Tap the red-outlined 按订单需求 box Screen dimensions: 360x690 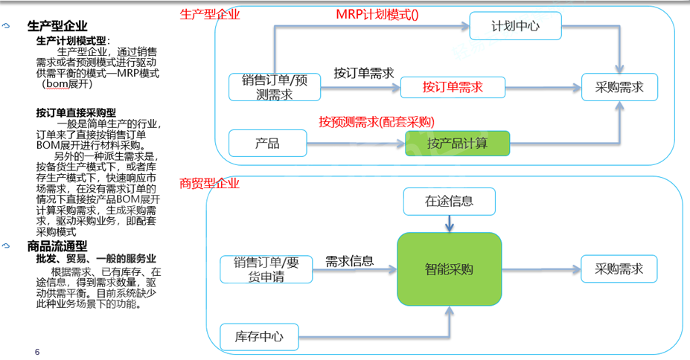coord(453,87)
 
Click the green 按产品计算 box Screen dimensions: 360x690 coord(457,143)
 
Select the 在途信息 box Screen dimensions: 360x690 coord(449,201)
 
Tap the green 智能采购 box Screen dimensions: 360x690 coord(449,269)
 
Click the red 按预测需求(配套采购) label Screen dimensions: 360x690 coord(377,122)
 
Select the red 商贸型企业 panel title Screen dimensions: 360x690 coord(211,183)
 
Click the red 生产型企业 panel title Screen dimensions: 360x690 coord(211,14)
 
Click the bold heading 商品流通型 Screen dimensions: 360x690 coord(57,245)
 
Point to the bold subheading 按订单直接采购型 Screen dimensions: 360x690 coord(76,112)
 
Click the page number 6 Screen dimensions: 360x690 coord(37,350)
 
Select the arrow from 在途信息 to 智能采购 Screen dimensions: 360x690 coord(449,222)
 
